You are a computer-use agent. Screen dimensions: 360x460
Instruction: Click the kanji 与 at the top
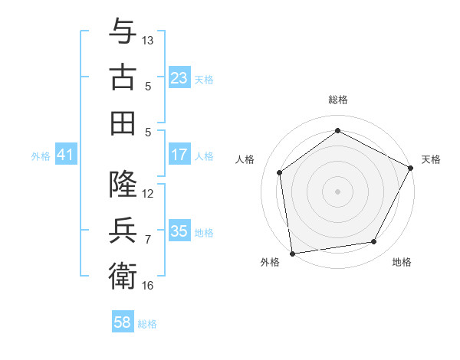click(x=123, y=31)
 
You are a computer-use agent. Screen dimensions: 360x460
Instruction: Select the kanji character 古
click(x=123, y=77)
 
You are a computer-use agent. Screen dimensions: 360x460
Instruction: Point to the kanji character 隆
click(x=123, y=185)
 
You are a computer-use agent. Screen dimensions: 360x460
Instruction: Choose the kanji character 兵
click(x=123, y=230)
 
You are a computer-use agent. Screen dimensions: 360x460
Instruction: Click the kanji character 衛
click(x=123, y=276)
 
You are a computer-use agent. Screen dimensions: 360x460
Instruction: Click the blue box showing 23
click(x=179, y=78)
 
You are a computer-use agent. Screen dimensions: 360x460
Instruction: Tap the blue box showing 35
click(x=179, y=231)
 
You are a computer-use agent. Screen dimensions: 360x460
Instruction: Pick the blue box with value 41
click(x=66, y=155)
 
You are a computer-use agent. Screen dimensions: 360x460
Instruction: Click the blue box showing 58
click(x=123, y=322)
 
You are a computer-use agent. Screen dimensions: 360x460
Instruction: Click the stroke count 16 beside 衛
click(x=148, y=286)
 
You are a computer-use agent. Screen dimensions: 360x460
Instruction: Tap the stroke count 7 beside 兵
click(x=148, y=240)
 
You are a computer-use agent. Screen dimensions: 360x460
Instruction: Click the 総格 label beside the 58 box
click(x=147, y=324)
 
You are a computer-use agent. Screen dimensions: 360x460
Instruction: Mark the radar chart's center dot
click(x=337, y=191)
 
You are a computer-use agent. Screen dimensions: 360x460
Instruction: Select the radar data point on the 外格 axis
click(x=292, y=253)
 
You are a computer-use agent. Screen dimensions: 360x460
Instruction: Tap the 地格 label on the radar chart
click(x=402, y=262)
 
